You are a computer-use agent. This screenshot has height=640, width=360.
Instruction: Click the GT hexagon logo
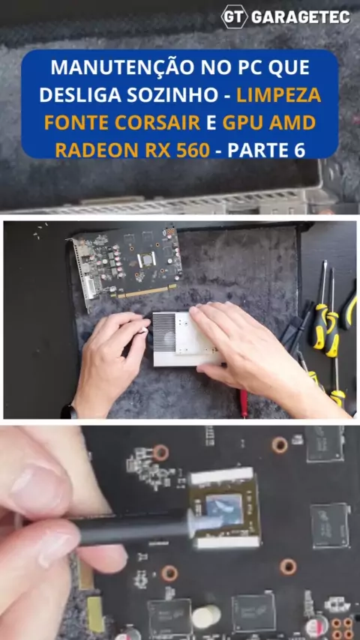pyautogui.click(x=235, y=16)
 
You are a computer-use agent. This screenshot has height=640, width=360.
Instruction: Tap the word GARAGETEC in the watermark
pyautogui.click(x=301, y=16)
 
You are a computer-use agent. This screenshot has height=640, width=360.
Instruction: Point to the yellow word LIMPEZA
pyautogui.click(x=278, y=95)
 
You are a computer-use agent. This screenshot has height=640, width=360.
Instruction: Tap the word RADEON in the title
pyautogui.click(x=97, y=150)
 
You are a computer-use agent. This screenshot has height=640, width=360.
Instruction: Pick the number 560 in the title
pyautogui.click(x=193, y=150)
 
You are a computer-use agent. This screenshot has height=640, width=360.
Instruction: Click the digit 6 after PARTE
pyautogui.click(x=299, y=150)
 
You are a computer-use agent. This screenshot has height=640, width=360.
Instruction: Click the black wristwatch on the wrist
pyautogui.click(x=69, y=412)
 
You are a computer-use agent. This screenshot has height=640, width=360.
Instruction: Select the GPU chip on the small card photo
pyautogui.click(x=147, y=260)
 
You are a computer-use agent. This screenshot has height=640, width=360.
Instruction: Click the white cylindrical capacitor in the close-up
pyautogui.click(x=205, y=615)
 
